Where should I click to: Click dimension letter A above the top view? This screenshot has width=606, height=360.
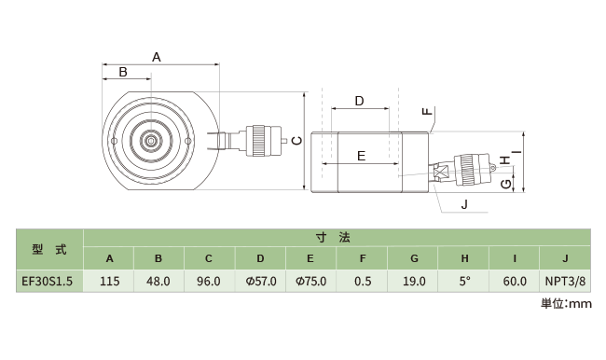click(156, 57)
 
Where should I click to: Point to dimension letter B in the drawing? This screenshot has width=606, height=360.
click(123, 72)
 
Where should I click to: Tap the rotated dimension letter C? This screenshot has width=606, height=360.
click(296, 141)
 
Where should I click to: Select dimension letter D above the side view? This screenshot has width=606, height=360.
click(360, 102)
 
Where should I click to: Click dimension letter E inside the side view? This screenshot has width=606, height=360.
click(362, 157)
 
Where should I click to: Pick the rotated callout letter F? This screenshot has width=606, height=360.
click(427, 111)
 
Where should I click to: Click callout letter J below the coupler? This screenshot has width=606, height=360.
click(465, 204)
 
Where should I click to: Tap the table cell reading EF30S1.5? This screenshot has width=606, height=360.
click(48, 281)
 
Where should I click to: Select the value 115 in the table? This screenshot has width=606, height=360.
click(110, 281)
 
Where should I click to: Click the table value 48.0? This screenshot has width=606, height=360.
click(158, 281)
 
